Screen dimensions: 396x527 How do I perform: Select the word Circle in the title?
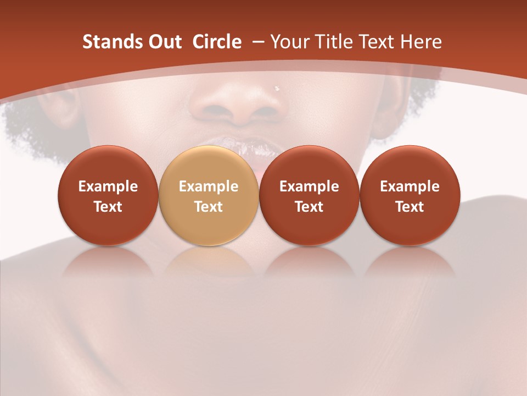217,42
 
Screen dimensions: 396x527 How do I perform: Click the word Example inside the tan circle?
209,186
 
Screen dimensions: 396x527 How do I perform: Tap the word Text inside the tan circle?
209,207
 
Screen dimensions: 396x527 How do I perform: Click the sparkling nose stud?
277,88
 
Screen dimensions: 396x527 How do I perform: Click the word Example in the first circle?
108,186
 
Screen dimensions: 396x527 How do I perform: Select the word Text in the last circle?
410,207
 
